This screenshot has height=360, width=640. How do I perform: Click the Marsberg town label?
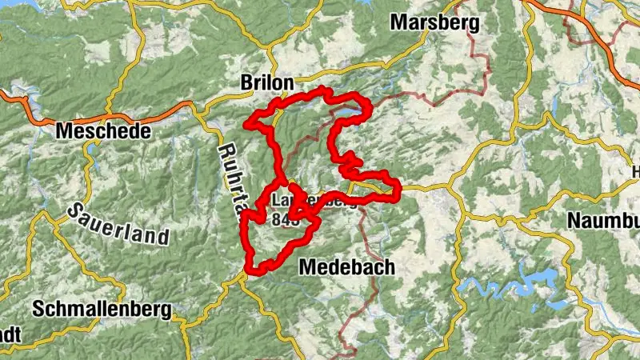click(x=434, y=22)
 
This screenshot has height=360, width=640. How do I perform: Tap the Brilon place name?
click(x=267, y=82)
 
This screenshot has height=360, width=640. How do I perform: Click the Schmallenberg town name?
click(x=102, y=309)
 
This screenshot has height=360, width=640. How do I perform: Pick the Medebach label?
click(x=346, y=267)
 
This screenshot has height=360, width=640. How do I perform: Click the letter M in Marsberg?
click(x=398, y=22)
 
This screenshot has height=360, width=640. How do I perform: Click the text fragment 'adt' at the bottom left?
click(x=10, y=333)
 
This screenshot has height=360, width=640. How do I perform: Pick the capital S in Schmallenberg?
click(x=38, y=309)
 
